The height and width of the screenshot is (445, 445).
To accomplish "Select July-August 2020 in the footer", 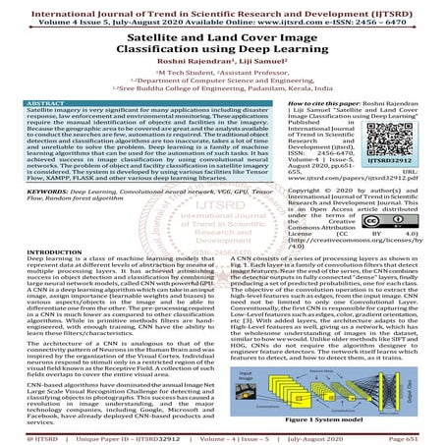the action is pos(346,437).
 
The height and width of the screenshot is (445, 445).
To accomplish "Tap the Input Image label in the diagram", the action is pos(246,349).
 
